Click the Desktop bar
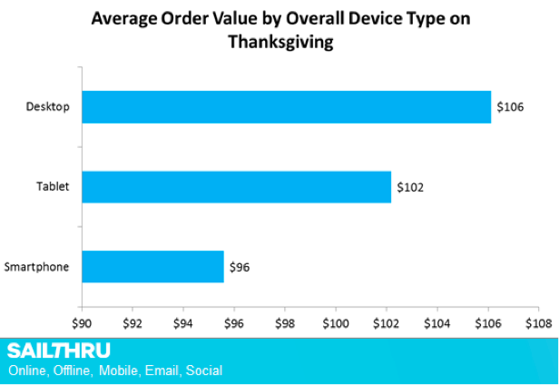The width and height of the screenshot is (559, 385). click(x=286, y=107)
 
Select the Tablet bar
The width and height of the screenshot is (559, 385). click(x=236, y=187)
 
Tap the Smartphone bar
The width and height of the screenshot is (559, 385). click(x=152, y=267)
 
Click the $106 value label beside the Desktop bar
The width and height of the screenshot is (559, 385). click(x=510, y=108)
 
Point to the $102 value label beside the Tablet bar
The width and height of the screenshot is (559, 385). click(x=410, y=188)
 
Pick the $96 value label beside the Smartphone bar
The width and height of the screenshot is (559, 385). click(x=240, y=267)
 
